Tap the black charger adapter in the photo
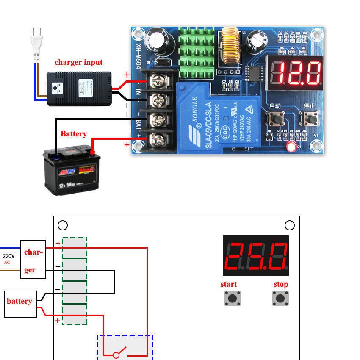[79, 89]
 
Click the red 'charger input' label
[78, 62]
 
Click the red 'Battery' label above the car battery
[73, 134]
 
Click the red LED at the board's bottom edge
[291, 147]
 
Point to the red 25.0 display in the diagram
[255, 256]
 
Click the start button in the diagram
[232, 298]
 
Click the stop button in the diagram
[280, 298]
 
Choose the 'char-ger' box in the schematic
[33, 261]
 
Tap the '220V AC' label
[8, 258]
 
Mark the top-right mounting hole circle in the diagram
[289, 225]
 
